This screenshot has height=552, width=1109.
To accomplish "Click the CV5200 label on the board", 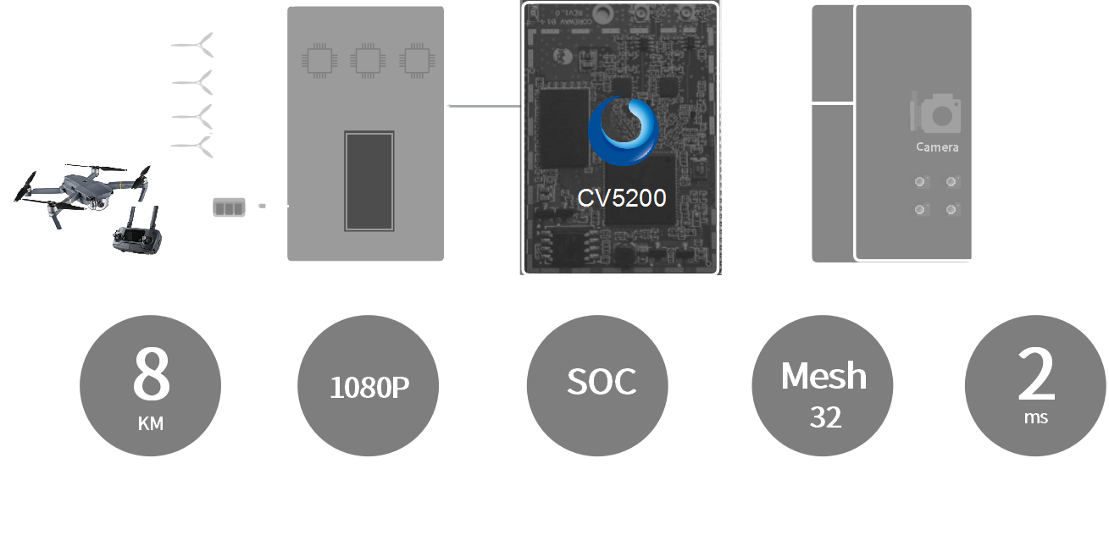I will point(621,198).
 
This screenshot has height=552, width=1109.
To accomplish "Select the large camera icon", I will point(935,113).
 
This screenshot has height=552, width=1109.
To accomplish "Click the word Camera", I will point(937,147).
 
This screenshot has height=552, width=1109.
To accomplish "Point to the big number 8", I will point(151,373).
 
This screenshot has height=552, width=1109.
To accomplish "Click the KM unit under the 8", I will point(151,423).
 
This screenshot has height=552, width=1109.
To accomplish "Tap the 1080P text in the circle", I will point(369,388).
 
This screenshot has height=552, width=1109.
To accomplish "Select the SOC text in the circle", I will point(601,383).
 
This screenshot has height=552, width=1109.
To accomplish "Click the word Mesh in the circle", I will point(823,376).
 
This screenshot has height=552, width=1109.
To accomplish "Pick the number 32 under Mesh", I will point(825,418).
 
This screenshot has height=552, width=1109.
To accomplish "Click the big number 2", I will point(1035,375).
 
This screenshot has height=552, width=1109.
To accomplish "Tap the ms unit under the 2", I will point(1035,417).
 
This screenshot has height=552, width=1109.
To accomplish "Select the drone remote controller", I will point(136,235).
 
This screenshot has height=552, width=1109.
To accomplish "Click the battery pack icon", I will point(229,207).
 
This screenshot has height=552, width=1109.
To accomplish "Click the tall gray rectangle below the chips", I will point(369,181).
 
